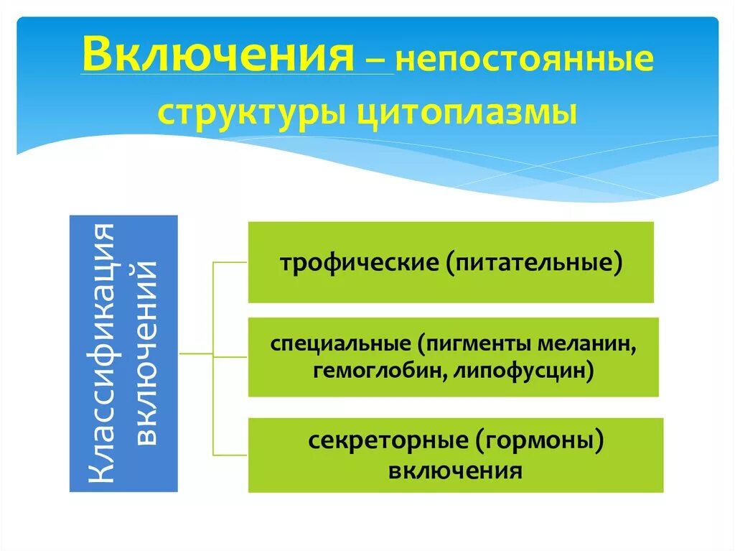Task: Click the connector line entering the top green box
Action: coord(231,262)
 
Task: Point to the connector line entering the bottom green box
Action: coord(231,455)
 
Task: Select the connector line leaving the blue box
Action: coord(195,354)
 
